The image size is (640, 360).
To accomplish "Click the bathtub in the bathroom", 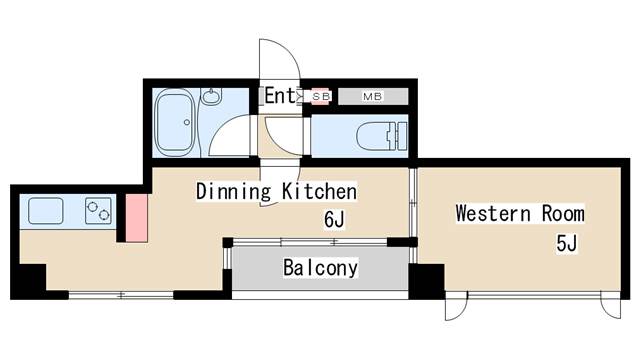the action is [x=175, y=122].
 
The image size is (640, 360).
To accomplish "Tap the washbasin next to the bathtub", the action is [x=211, y=97].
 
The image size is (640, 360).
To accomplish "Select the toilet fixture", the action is [x=382, y=136].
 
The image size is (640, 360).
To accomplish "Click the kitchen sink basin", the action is [x=46, y=211].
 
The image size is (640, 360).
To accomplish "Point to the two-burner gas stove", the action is [x=98, y=211].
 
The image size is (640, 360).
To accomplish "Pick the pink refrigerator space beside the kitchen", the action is [x=136, y=218].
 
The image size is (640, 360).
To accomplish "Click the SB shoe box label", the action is [x=320, y=97].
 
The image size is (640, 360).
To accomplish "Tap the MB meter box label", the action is [x=372, y=97].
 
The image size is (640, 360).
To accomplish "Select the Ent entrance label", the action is [x=280, y=96].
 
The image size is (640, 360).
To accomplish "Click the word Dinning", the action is [x=233, y=191].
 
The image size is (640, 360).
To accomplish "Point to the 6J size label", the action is [x=334, y=220].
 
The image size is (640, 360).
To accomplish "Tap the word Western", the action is [x=493, y=213].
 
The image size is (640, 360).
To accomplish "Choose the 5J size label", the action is [x=567, y=244].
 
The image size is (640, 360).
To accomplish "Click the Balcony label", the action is [x=320, y=268].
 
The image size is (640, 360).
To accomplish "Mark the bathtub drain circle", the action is [x=187, y=122].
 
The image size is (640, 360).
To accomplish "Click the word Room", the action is [x=563, y=213].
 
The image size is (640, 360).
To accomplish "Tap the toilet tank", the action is [x=400, y=136].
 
